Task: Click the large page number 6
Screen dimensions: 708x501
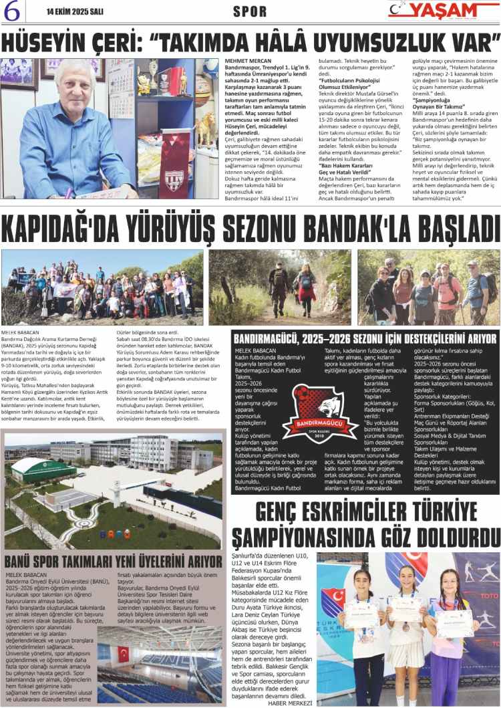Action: click(x=13, y=12)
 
